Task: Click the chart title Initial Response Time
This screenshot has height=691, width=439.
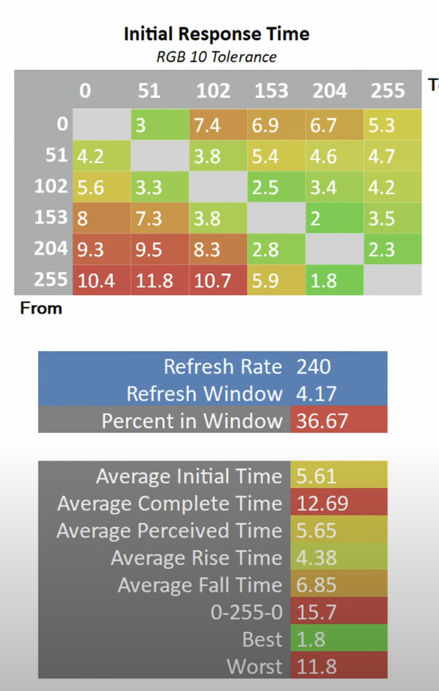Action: pyautogui.click(x=216, y=34)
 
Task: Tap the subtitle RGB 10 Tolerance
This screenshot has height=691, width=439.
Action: pyautogui.click(x=216, y=57)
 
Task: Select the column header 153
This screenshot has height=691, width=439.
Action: pyautogui.click(x=272, y=90)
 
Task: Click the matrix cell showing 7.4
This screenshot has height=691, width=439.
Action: pyautogui.click(x=208, y=125)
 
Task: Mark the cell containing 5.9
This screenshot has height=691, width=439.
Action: pyautogui.click(x=266, y=280)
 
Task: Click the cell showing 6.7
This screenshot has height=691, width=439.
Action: pyautogui.click(x=324, y=125)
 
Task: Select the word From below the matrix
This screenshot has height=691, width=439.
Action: pyautogui.click(x=41, y=308)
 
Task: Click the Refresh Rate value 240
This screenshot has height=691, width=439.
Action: pyautogui.click(x=314, y=366)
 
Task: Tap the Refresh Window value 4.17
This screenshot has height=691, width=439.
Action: pyautogui.click(x=317, y=393)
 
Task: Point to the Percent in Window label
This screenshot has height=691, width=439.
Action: pyautogui.click(x=191, y=420)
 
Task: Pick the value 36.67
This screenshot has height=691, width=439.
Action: pyautogui.click(x=322, y=420)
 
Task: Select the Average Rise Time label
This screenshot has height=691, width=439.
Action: pyautogui.click(x=196, y=558)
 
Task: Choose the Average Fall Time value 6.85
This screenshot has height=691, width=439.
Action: pyautogui.click(x=317, y=585)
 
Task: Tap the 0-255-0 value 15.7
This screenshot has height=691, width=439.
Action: pyautogui.click(x=317, y=612)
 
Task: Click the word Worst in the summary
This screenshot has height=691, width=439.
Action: pyautogui.click(x=254, y=667)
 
